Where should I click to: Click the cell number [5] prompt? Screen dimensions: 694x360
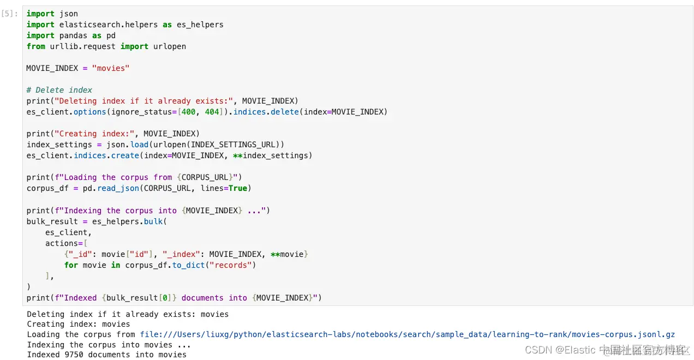click(10, 14)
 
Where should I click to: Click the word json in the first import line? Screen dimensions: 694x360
click(69, 14)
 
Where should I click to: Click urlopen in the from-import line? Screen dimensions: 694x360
click(170, 46)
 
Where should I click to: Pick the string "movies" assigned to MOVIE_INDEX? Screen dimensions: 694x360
click(111, 68)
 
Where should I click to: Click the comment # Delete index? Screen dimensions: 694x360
click(59, 90)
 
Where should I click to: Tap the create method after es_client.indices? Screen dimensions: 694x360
click(125, 155)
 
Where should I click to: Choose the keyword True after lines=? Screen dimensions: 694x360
click(237, 188)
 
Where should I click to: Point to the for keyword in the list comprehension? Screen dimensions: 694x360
click(71, 265)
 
